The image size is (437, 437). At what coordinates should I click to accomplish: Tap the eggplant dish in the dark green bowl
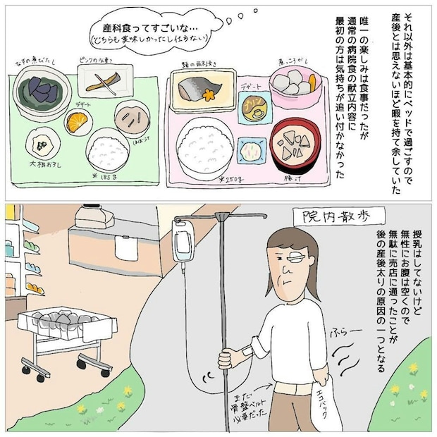coord(39,88)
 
